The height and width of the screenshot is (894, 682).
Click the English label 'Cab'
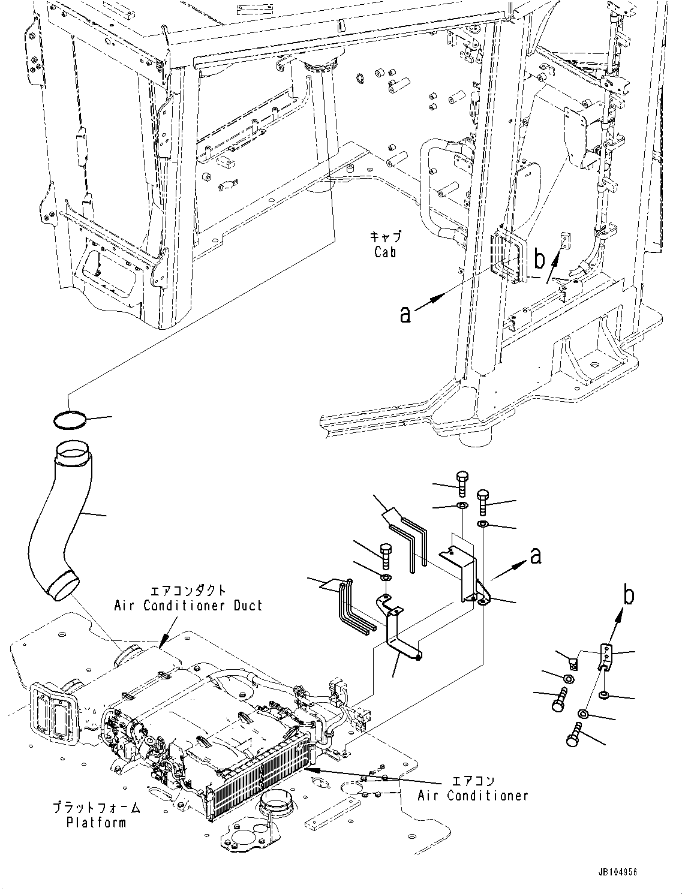(384, 252)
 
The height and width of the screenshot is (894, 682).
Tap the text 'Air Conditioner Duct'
(188, 605)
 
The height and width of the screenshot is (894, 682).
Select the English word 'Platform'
(96, 822)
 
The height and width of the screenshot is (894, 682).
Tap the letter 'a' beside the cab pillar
(405, 314)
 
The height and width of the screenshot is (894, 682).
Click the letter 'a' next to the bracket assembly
(536, 556)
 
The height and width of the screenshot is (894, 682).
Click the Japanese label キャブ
(385, 237)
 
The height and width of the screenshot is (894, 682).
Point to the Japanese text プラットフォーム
(96, 808)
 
